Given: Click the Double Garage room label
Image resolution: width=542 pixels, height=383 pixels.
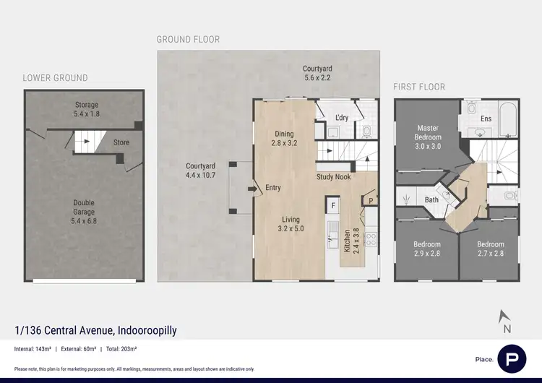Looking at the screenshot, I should point(85,212).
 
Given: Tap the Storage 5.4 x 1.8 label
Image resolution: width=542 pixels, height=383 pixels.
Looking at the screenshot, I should point(87,109).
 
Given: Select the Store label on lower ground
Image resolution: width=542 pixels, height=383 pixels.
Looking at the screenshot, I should point(121,142).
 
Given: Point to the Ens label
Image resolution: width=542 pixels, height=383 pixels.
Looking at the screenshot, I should point(486,119).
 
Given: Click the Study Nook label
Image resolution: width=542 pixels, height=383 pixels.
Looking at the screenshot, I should point(333,176).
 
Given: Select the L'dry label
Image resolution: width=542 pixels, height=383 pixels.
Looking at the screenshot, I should point(343,118).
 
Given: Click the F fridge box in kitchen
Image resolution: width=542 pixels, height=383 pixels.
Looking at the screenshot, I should point(333,206).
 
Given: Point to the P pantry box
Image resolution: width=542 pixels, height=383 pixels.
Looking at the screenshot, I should point(371,201).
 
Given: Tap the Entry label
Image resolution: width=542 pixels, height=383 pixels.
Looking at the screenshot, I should point(273,188).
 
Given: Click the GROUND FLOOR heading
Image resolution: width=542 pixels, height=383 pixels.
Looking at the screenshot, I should point(188,39).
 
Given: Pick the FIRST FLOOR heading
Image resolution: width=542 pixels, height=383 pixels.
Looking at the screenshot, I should point(419,87).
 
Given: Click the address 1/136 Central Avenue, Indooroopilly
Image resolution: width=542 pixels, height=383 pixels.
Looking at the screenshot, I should point(95,331).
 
